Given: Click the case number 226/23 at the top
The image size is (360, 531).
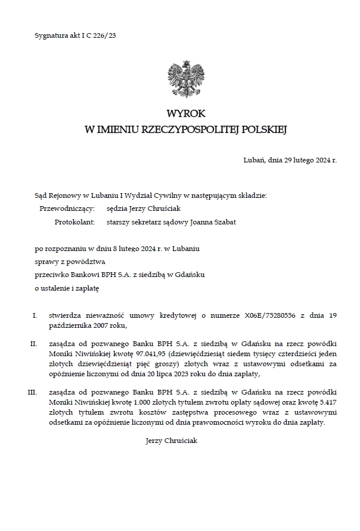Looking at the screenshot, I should click(x=105, y=35).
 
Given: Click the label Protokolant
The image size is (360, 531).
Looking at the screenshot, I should click(x=74, y=222).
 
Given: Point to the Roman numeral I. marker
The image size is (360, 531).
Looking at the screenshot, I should click(x=35, y=316).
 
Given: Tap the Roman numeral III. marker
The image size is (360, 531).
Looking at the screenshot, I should click(x=33, y=392).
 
